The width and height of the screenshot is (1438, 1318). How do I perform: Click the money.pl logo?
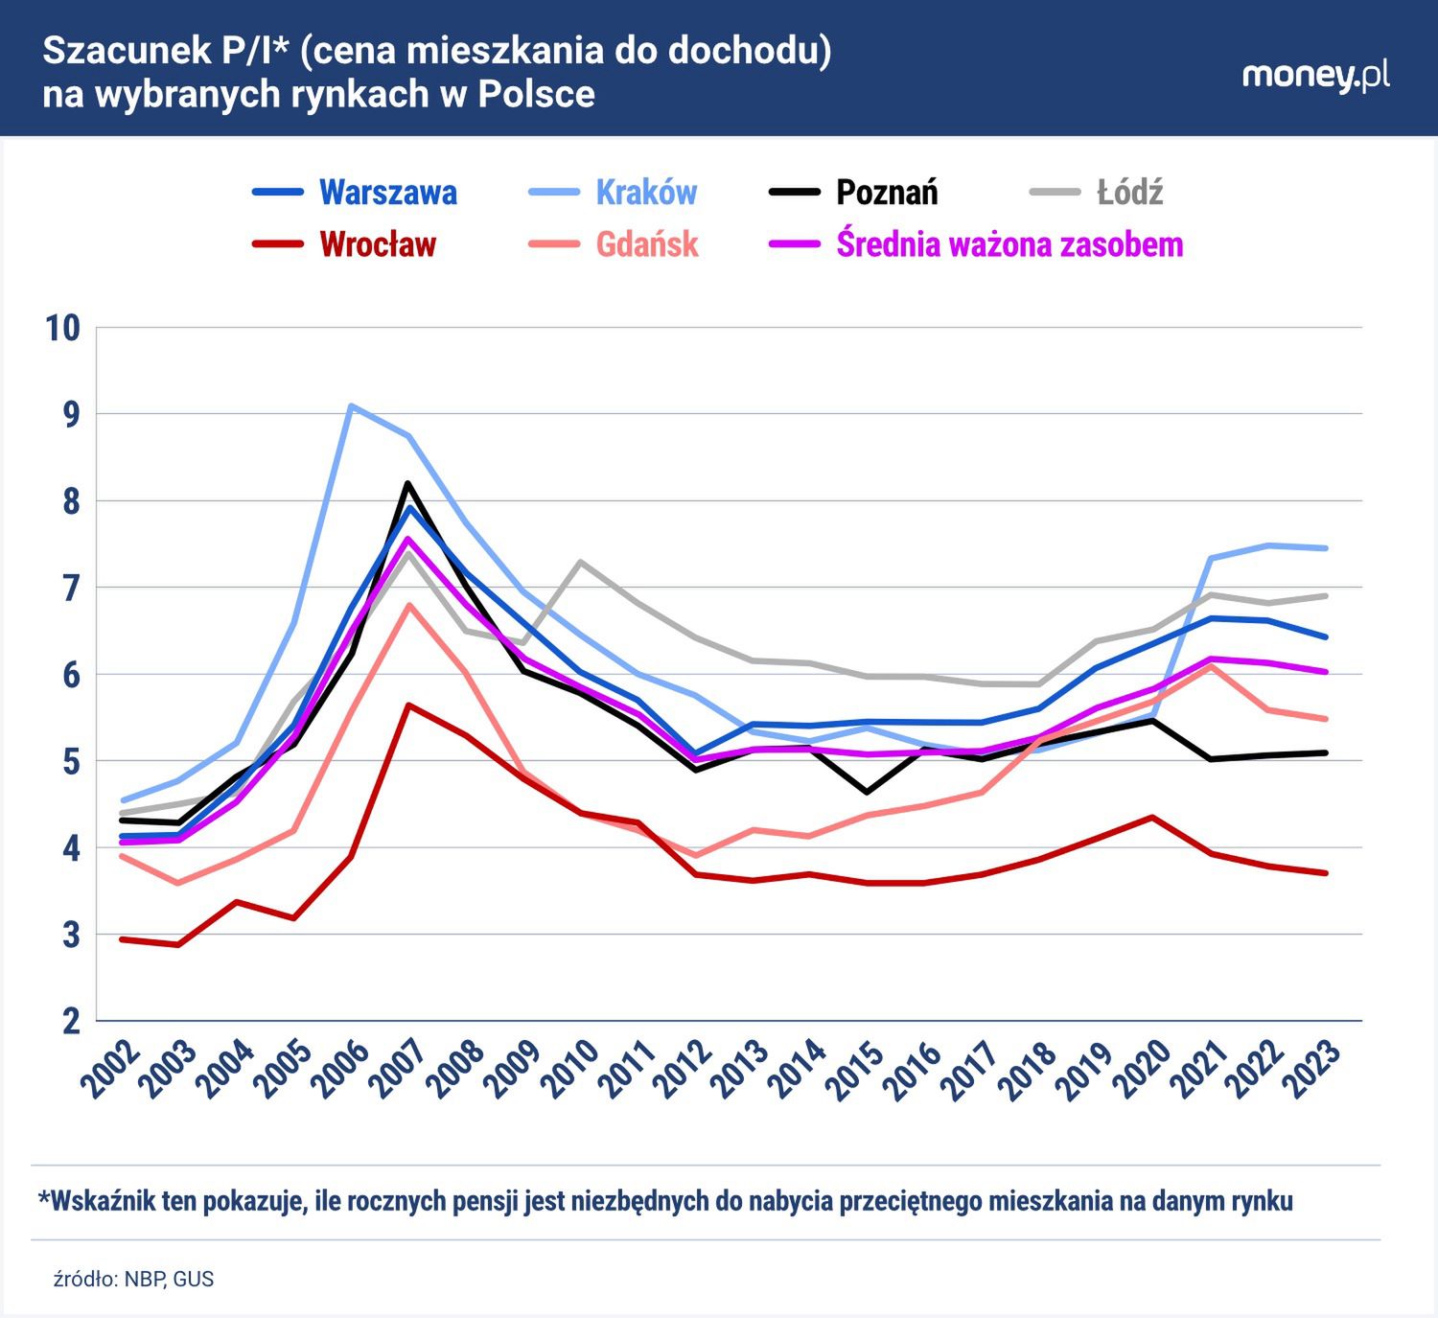click(x=1315, y=76)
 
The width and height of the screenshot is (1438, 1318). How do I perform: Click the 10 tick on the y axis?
click(x=63, y=328)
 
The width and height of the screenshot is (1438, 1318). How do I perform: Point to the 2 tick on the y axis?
click(x=72, y=1022)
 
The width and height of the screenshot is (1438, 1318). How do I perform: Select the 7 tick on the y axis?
click(x=72, y=589)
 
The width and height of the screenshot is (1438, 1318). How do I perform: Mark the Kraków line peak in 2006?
click(x=351, y=405)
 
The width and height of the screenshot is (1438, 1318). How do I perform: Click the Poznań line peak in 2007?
click(x=407, y=483)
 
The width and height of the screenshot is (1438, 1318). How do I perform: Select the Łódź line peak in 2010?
click(x=580, y=562)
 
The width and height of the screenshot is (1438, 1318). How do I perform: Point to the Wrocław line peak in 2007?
click(x=408, y=705)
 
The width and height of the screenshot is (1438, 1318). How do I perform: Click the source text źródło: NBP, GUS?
click(x=133, y=1280)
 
